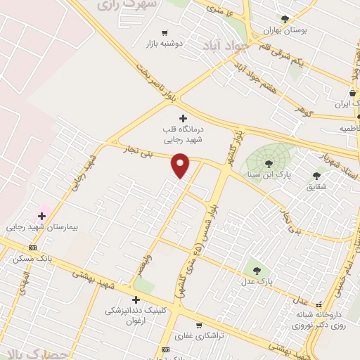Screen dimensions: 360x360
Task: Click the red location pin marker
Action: (x=181, y=166)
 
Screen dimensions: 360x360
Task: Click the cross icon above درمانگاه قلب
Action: (x=184, y=118)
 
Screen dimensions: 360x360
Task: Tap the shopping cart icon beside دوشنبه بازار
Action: (x=165, y=32)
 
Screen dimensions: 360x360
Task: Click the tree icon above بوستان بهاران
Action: (x=285, y=20)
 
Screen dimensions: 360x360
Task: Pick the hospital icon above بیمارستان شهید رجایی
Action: (x=41, y=216)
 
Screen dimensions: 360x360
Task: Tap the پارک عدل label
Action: (x=255, y=281)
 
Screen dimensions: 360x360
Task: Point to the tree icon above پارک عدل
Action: (x=255, y=269)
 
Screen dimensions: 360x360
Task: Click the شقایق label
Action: (x=316, y=187)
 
